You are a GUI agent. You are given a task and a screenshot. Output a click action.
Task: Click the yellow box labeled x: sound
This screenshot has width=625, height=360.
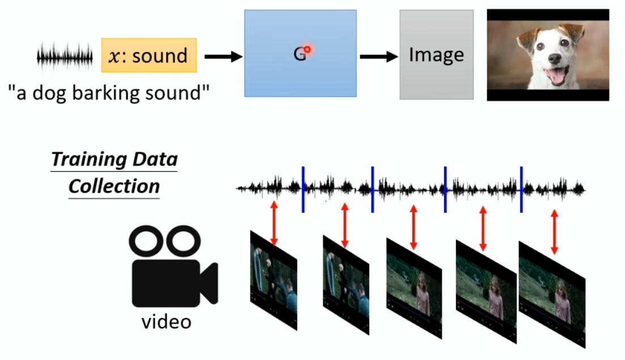(149, 56)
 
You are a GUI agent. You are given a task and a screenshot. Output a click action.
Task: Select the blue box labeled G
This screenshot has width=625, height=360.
(300, 53)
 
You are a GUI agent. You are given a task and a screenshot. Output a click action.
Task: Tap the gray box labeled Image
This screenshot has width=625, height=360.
(436, 54)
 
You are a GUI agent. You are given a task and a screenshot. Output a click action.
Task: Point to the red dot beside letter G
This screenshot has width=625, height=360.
(307, 50)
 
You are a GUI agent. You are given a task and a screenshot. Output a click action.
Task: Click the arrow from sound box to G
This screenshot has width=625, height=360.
(222, 56)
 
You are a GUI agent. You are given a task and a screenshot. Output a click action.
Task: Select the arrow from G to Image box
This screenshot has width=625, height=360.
(378, 56)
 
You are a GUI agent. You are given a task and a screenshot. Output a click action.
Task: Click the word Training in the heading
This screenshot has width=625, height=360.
(86, 159)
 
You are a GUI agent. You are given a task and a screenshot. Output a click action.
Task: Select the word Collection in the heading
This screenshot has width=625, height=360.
(114, 186)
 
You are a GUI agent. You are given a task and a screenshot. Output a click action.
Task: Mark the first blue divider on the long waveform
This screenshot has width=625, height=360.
(303, 189)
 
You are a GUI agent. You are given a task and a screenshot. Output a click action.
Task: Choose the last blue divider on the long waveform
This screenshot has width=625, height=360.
(521, 189)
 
